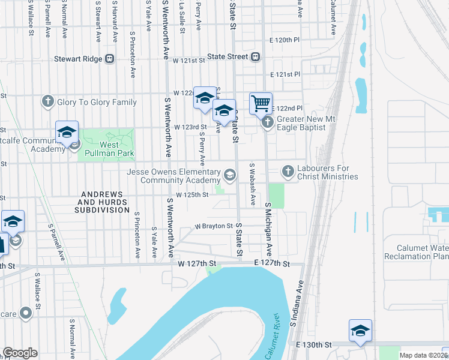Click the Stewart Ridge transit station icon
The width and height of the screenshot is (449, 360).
click(x=110, y=59)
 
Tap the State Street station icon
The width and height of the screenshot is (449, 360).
click(x=255, y=57)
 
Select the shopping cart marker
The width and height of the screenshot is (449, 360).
click(x=261, y=103)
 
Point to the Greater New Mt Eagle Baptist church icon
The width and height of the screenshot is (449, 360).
click(x=268, y=122)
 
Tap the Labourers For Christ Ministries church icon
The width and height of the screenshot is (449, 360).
click(x=288, y=172)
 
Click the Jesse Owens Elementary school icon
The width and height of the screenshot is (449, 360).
click(x=229, y=175)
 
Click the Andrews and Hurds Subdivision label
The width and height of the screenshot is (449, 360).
click(x=102, y=202)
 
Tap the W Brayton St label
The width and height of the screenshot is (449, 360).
click(x=213, y=226)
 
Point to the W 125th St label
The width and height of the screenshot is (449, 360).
click(x=191, y=194)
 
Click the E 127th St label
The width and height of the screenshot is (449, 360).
click(x=271, y=264)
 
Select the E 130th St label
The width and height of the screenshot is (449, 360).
click(x=314, y=345)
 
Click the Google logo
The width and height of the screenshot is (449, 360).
click(x=20, y=353)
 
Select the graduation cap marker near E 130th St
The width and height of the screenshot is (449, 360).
click(x=360, y=331)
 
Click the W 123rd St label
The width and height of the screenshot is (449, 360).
click(x=190, y=127)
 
